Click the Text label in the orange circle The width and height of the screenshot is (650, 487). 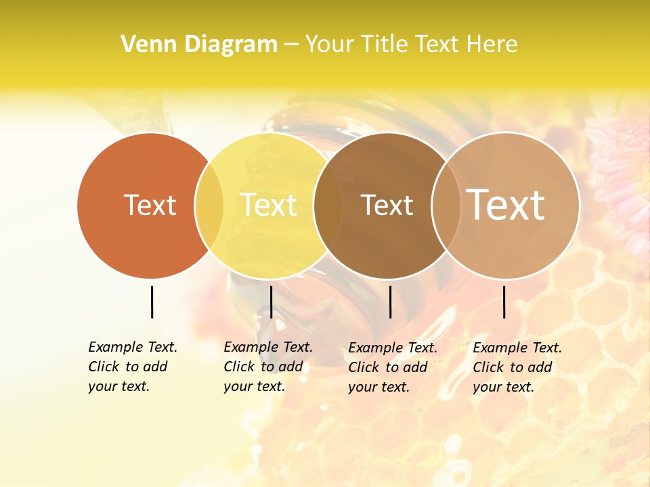150,205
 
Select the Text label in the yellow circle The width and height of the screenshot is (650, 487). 269,205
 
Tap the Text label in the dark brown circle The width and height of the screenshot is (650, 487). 387,205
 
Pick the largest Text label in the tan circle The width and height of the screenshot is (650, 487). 506,205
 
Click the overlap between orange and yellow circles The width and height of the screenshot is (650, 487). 209,205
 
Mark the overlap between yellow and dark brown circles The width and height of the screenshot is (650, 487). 328,205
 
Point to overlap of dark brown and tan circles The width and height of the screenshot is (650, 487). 444,205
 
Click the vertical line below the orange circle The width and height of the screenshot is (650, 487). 152,302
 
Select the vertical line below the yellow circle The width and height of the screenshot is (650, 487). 271,302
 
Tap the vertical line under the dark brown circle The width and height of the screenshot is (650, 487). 390,302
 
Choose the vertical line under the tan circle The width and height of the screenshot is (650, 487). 504,302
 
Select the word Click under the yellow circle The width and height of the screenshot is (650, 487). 238,367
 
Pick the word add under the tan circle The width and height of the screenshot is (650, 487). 540,367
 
